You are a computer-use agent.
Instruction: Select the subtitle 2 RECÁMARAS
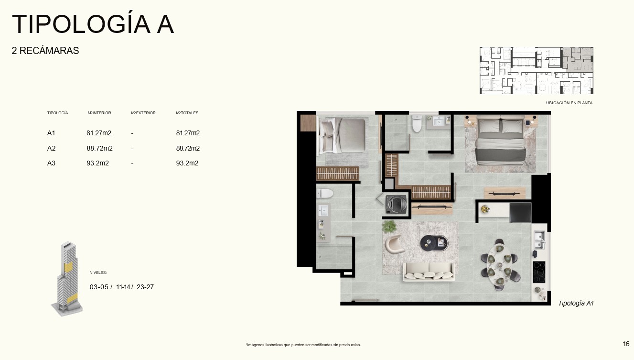click(x=45, y=51)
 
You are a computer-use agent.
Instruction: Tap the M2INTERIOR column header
click(x=99, y=113)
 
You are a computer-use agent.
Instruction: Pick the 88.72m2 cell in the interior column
click(x=100, y=148)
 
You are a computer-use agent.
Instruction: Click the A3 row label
click(x=51, y=163)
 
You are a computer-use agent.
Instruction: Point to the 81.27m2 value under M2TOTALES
click(x=188, y=133)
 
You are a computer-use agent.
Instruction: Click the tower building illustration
click(x=67, y=279)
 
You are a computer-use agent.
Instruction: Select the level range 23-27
click(x=145, y=287)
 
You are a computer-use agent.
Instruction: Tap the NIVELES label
click(x=98, y=273)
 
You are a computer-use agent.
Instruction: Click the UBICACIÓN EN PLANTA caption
click(x=569, y=103)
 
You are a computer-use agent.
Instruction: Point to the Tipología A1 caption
click(x=576, y=303)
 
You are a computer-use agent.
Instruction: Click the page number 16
click(x=626, y=344)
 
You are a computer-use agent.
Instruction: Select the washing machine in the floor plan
click(x=396, y=204)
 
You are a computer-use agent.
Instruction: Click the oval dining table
click(x=500, y=264)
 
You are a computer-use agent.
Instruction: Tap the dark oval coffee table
click(x=434, y=243)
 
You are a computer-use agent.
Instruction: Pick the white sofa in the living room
click(x=429, y=272)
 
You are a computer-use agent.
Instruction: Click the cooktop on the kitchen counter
click(x=539, y=272)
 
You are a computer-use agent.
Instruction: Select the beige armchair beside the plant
click(x=394, y=244)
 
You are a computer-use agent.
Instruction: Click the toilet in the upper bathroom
click(x=417, y=123)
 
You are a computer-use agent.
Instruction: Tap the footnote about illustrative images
click(x=303, y=345)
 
